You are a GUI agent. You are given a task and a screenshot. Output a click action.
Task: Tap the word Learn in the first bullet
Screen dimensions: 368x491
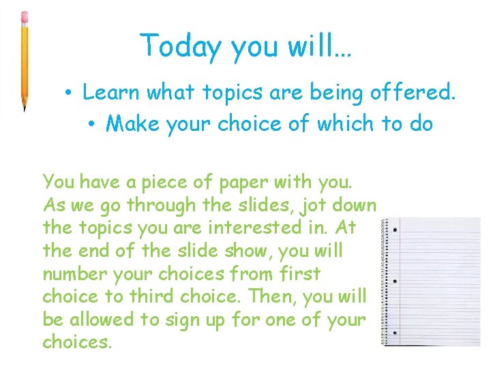click(112, 91)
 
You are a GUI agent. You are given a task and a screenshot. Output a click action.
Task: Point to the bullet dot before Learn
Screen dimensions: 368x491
click(70, 92)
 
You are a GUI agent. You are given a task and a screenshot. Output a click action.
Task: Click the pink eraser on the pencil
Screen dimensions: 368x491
click(25, 16)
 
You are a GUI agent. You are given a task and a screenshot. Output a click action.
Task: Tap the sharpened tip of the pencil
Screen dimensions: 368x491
click(25, 108)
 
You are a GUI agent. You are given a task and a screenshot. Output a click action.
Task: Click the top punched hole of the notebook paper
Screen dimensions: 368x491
click(396, 229)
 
